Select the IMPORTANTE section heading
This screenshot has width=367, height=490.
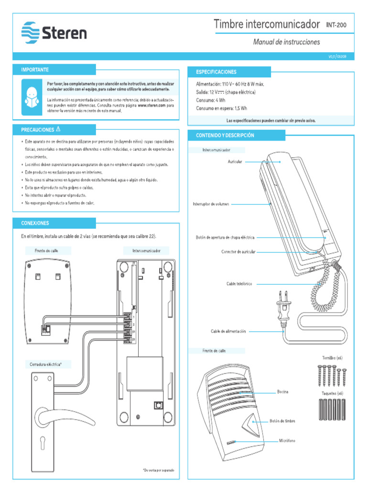click(35, 70)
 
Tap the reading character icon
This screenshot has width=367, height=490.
click(32, 97)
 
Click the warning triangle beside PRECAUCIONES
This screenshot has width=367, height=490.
click(58, 129)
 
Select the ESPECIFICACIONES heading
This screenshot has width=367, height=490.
click(216, 72)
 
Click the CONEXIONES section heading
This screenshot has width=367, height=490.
click(35, 223)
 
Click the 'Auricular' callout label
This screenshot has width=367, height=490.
click(235, 162)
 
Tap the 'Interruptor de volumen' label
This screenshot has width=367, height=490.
click(211, 204)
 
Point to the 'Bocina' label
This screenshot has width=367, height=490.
click(282, 392)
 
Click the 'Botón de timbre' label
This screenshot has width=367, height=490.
click(282, 421)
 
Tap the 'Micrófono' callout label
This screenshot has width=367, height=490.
click(287, 440)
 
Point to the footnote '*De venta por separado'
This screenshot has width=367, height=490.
click(158, 470)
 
